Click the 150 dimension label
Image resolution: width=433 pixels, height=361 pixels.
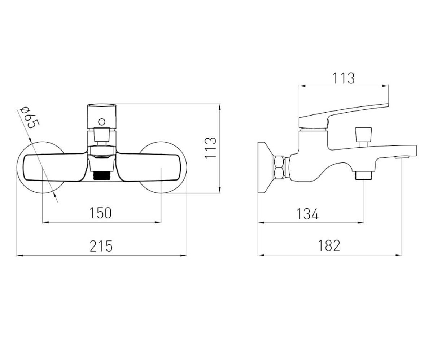click(x=100, y=213)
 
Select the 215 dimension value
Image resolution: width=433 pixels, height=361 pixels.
click(x=101, y=246)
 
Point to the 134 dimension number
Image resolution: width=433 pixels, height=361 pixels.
click(x=307, y=214)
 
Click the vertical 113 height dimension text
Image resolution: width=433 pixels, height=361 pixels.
click(x=210, y=148)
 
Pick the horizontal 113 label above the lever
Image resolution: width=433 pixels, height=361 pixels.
click(x=344, y=78)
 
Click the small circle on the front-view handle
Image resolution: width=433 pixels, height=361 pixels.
click(x=102, y=122)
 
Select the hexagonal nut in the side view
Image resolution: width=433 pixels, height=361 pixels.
click(x=279, y=167)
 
